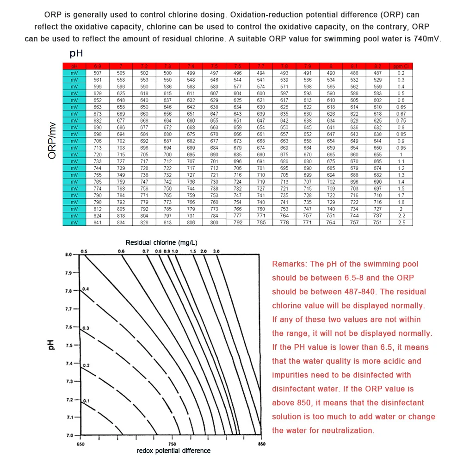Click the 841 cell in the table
click(98, 222)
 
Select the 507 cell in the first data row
click(98, 73)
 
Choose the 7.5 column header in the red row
click(214, 67)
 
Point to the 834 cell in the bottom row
click(121, 222)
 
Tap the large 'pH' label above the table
click(76, 53)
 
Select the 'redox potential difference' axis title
click(174, 451)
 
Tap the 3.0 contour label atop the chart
click(216, 251)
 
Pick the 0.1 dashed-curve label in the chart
click(86, 401)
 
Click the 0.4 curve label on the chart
click(86, 289)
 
